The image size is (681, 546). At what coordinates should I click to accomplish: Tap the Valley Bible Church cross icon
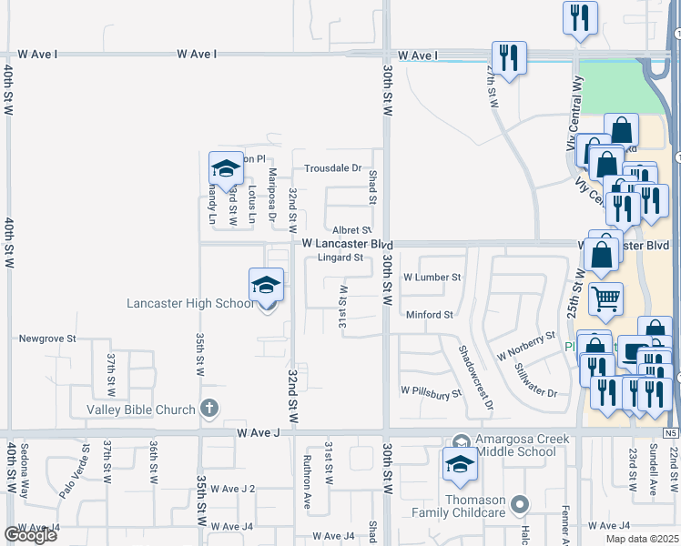(209, 409)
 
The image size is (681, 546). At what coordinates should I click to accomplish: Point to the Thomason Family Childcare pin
(519, 503)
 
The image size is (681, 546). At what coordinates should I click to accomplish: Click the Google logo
(30, 534)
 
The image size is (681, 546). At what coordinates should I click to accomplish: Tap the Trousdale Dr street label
(332, 168)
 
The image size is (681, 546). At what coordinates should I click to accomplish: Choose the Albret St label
(351, 231)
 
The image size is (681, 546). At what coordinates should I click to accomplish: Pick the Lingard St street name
(340, 258)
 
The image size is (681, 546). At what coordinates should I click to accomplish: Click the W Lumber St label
(433, 277)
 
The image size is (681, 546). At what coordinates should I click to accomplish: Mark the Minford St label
(430, 315)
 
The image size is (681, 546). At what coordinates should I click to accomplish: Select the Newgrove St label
(47, 338)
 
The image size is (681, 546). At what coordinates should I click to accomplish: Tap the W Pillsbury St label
(432, 394)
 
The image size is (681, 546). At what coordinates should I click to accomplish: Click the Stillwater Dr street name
(535, 379)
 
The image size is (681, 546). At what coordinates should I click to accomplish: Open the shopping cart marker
(605, 297)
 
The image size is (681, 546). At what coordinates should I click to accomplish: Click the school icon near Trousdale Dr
(226, 167)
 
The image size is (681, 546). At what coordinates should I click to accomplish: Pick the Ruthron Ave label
(307, 469)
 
